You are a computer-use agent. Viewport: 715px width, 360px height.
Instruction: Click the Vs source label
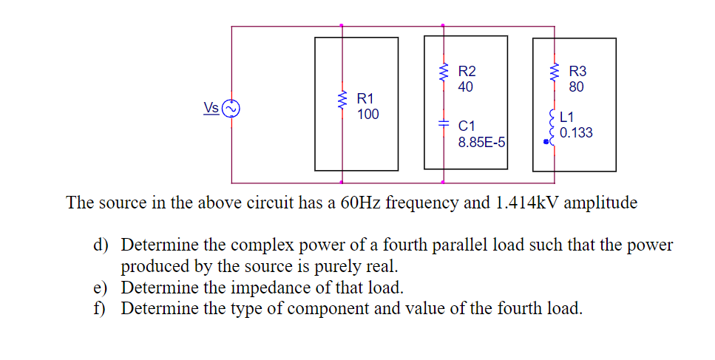point(211,108)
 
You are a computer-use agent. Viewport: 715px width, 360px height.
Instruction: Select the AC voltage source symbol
point(231,109)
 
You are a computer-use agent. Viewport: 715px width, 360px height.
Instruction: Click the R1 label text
point(365,98)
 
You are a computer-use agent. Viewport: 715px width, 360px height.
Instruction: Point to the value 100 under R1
point(367,115)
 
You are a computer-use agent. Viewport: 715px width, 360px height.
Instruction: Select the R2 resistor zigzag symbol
point(444,73)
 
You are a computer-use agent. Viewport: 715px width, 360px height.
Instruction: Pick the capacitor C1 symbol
point(444,125)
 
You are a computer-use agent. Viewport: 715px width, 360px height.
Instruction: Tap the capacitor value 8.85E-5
point(481,142)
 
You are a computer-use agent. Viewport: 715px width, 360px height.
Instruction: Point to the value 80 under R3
point(577,87)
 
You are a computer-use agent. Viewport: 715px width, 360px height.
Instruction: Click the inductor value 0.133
point(576,133)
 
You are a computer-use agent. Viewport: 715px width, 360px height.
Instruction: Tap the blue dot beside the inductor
point(546,144)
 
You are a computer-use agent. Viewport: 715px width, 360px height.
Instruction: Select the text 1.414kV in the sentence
point(521,203)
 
